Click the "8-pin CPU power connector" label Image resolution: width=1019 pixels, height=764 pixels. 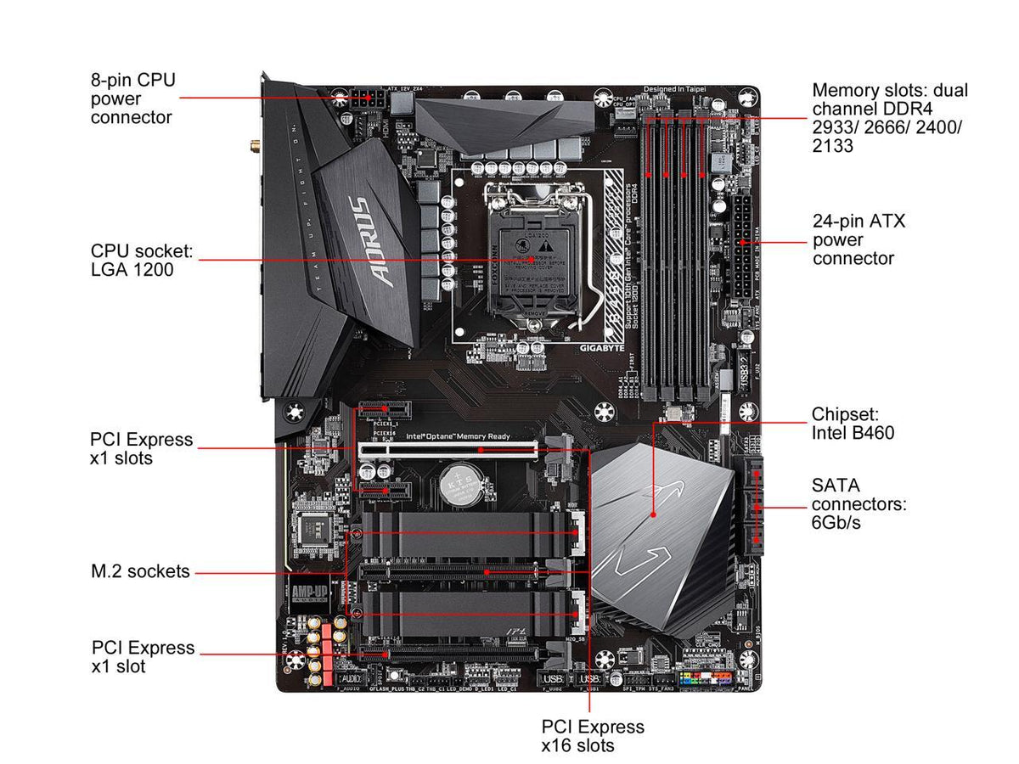pyautogui.click(x=132, y=98)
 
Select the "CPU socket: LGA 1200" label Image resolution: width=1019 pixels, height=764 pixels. pyautogui.click(x=142, y=261)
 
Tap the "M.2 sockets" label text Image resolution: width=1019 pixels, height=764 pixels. pyautogui.click(x=140, y=571)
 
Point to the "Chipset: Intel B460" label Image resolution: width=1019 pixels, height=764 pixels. pyautogui.click(x=853, y=424)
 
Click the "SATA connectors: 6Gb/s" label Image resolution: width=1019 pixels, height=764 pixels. pyautogui.click(x=859, y=503)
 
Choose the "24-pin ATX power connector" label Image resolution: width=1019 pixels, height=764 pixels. pyautogui.click(x=859, y=239)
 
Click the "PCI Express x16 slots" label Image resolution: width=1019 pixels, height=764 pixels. pyautogui.click(x=593, y=736)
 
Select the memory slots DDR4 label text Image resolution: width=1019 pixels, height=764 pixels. pyautogui.click(x=889, y=118)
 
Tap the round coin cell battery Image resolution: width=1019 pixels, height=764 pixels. pyautogui.click(x=459, y=484)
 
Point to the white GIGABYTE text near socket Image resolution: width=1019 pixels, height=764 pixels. pyautogui.click(x=603, y=348)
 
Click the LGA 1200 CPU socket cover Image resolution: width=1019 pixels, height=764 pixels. pyautogui.click(x=530, y=255)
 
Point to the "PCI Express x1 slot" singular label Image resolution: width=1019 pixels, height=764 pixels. pyautogui.click(x=143, y=656)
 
